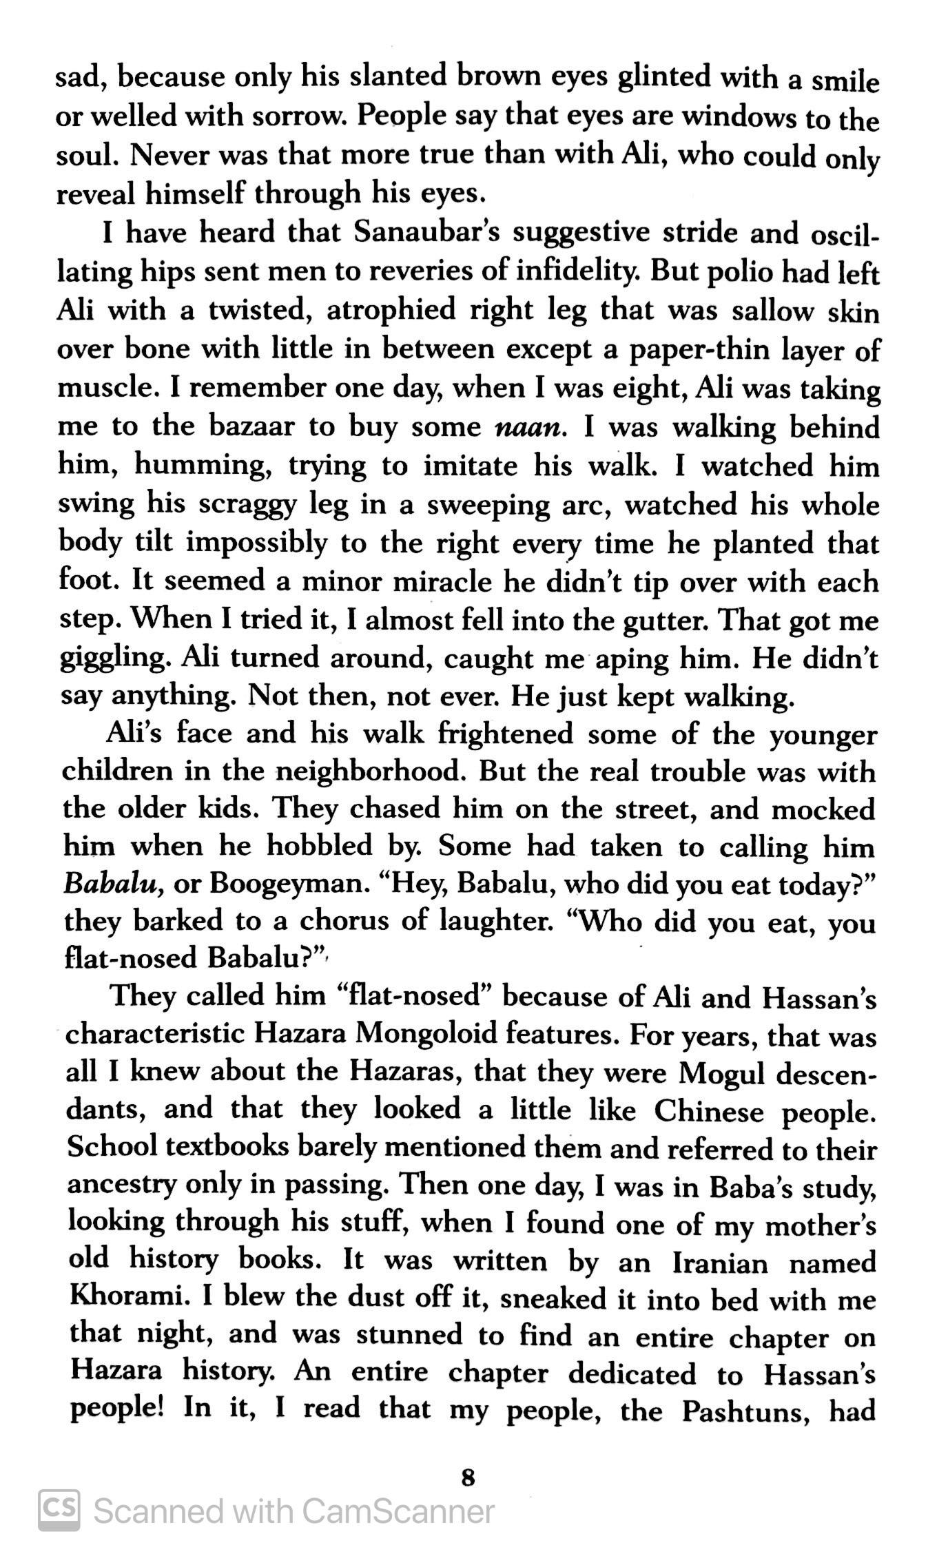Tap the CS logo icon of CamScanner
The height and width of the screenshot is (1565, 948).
click(x=59, y=1511)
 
